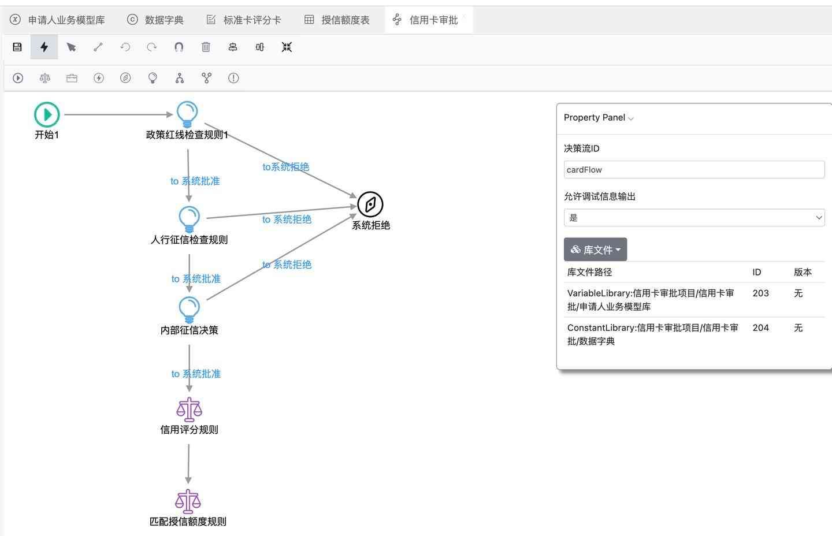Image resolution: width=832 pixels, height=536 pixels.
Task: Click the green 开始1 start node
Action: click(x=47, y=114)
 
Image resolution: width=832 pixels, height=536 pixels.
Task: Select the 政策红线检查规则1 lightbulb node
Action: click(x=187, y=114)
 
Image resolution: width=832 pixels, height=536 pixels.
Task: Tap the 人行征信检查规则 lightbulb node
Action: click(x=189, y=218)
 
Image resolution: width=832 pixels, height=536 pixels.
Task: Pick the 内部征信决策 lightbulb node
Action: click(x=189, y=309)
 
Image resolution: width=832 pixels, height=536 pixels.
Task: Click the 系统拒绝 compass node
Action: click(x=370, y=204)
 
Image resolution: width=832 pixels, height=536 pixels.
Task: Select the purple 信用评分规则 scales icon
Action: click(x=189, y=409)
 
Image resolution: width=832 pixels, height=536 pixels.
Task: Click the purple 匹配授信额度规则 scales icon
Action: click(x=188, y=501)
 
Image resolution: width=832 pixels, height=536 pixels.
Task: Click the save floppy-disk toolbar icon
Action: click(x=17, y=47)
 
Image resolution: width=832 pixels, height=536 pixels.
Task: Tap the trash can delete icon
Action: click(x=206, y=47)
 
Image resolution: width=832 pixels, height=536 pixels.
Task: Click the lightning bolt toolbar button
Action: click(x=44, y=47)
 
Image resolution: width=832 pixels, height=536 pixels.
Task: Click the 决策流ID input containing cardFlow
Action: click(x=693, y=170)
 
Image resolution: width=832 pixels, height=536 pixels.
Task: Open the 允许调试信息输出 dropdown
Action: click(x=693, y=218)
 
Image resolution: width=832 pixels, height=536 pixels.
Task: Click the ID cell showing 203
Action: click(x=760, y=293)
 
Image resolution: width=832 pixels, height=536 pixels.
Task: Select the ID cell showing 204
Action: click(x=760, y=328)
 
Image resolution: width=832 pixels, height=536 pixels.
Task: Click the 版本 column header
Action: click(x=803, y=272)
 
